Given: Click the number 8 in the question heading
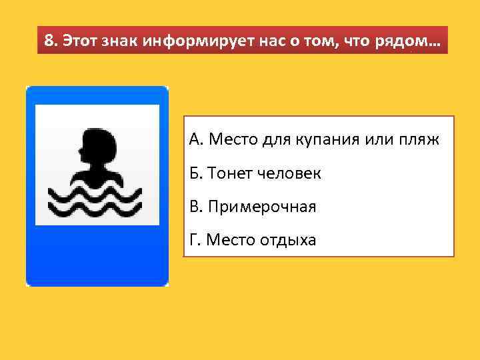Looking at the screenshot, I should click(x=48, y=41).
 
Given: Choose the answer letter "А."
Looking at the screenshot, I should click(x=195, y=140).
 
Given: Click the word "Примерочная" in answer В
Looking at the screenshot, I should click(x=261, y=207).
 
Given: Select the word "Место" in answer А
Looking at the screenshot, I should click(x=231, y=140).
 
